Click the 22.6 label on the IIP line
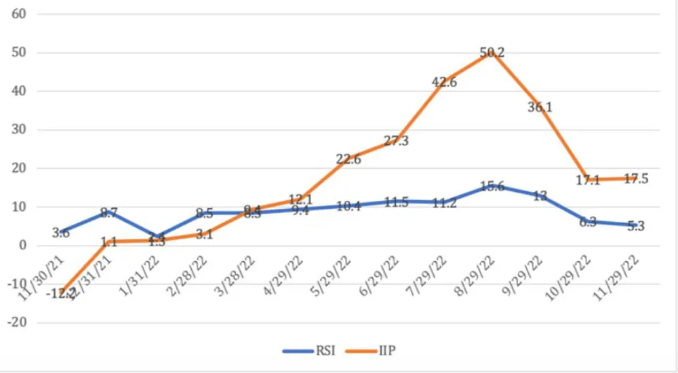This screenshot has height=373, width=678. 348,159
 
